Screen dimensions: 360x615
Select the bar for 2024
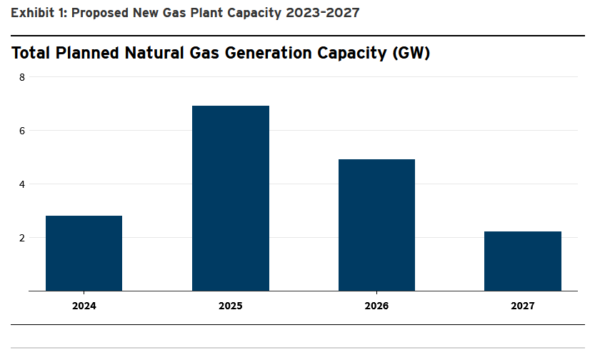[x=84, y=253]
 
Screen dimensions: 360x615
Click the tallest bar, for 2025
[x=231, y=198]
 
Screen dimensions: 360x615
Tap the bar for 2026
[x=376, y=225]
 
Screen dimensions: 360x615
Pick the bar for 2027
[x=523, y=261]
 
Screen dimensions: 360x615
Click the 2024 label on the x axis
[x=84, y=306]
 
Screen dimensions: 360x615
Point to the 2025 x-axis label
[x=231, y=306]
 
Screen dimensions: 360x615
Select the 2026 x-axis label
[x=376, y=306]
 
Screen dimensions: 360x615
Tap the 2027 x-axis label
[x=523, y=306]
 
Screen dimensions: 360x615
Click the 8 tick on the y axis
[x=21, y=77]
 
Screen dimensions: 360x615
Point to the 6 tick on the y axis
[x=21, y=131]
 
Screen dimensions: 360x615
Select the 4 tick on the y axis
[x=21, y=184]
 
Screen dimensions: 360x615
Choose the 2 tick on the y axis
[x=21, y=238]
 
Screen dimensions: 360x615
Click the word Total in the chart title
[x=32, y=53]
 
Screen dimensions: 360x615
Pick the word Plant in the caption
[x=204, y=13]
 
